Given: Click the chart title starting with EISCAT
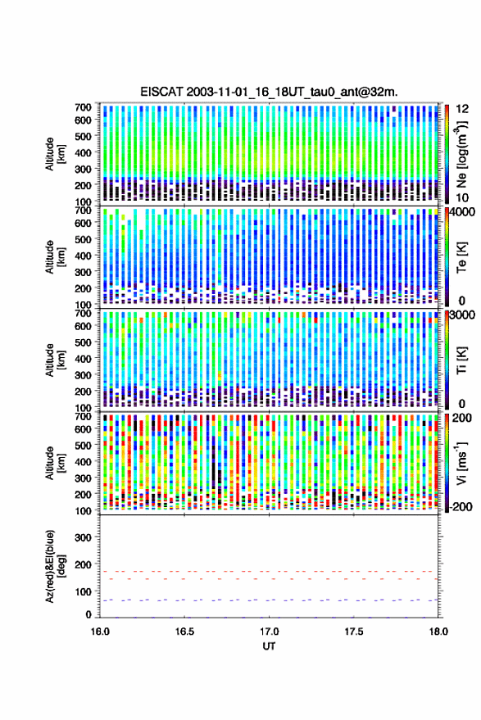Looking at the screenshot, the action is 270,92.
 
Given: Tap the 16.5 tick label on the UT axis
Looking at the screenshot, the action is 184,632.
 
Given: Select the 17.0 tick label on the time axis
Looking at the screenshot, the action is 269,632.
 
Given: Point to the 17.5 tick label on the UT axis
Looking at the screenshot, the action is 353,632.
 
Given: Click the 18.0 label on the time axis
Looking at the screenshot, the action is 438,632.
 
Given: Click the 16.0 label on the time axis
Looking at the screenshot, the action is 100,632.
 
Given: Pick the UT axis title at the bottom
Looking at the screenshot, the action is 269,646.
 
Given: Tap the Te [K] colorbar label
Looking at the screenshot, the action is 461,257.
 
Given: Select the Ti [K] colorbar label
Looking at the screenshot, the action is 461,360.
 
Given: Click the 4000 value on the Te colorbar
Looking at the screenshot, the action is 462,212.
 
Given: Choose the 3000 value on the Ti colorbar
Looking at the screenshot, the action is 462,315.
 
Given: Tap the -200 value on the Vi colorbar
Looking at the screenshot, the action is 461,507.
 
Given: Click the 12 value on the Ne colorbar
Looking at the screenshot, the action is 462,109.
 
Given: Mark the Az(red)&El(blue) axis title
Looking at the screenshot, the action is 55,566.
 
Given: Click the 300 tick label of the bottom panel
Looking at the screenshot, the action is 83,537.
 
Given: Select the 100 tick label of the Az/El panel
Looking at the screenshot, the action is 83,591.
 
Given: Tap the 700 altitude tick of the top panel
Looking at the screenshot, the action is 83,107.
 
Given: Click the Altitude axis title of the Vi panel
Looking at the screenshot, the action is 55,463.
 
